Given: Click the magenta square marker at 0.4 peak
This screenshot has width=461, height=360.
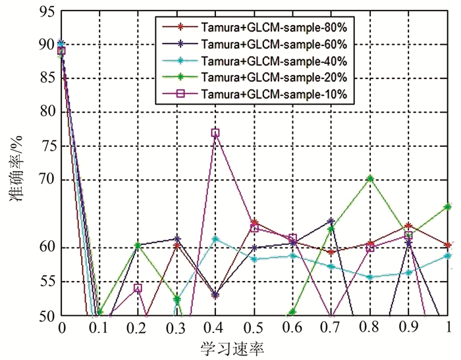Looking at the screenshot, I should [215, 133].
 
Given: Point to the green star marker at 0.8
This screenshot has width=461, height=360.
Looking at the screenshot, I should [370, 178].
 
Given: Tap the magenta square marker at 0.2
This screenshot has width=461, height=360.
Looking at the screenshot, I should [138, 288].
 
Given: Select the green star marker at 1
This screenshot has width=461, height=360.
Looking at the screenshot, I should [448, 207].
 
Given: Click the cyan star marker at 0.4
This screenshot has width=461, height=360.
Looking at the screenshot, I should [215, 238].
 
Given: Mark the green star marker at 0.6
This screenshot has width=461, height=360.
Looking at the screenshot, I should [292, 312].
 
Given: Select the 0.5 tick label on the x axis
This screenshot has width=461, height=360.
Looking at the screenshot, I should [254, 328].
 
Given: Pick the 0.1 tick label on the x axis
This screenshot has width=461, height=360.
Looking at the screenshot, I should [99, 328].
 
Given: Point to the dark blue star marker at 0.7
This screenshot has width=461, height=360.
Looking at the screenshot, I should [331, 221].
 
